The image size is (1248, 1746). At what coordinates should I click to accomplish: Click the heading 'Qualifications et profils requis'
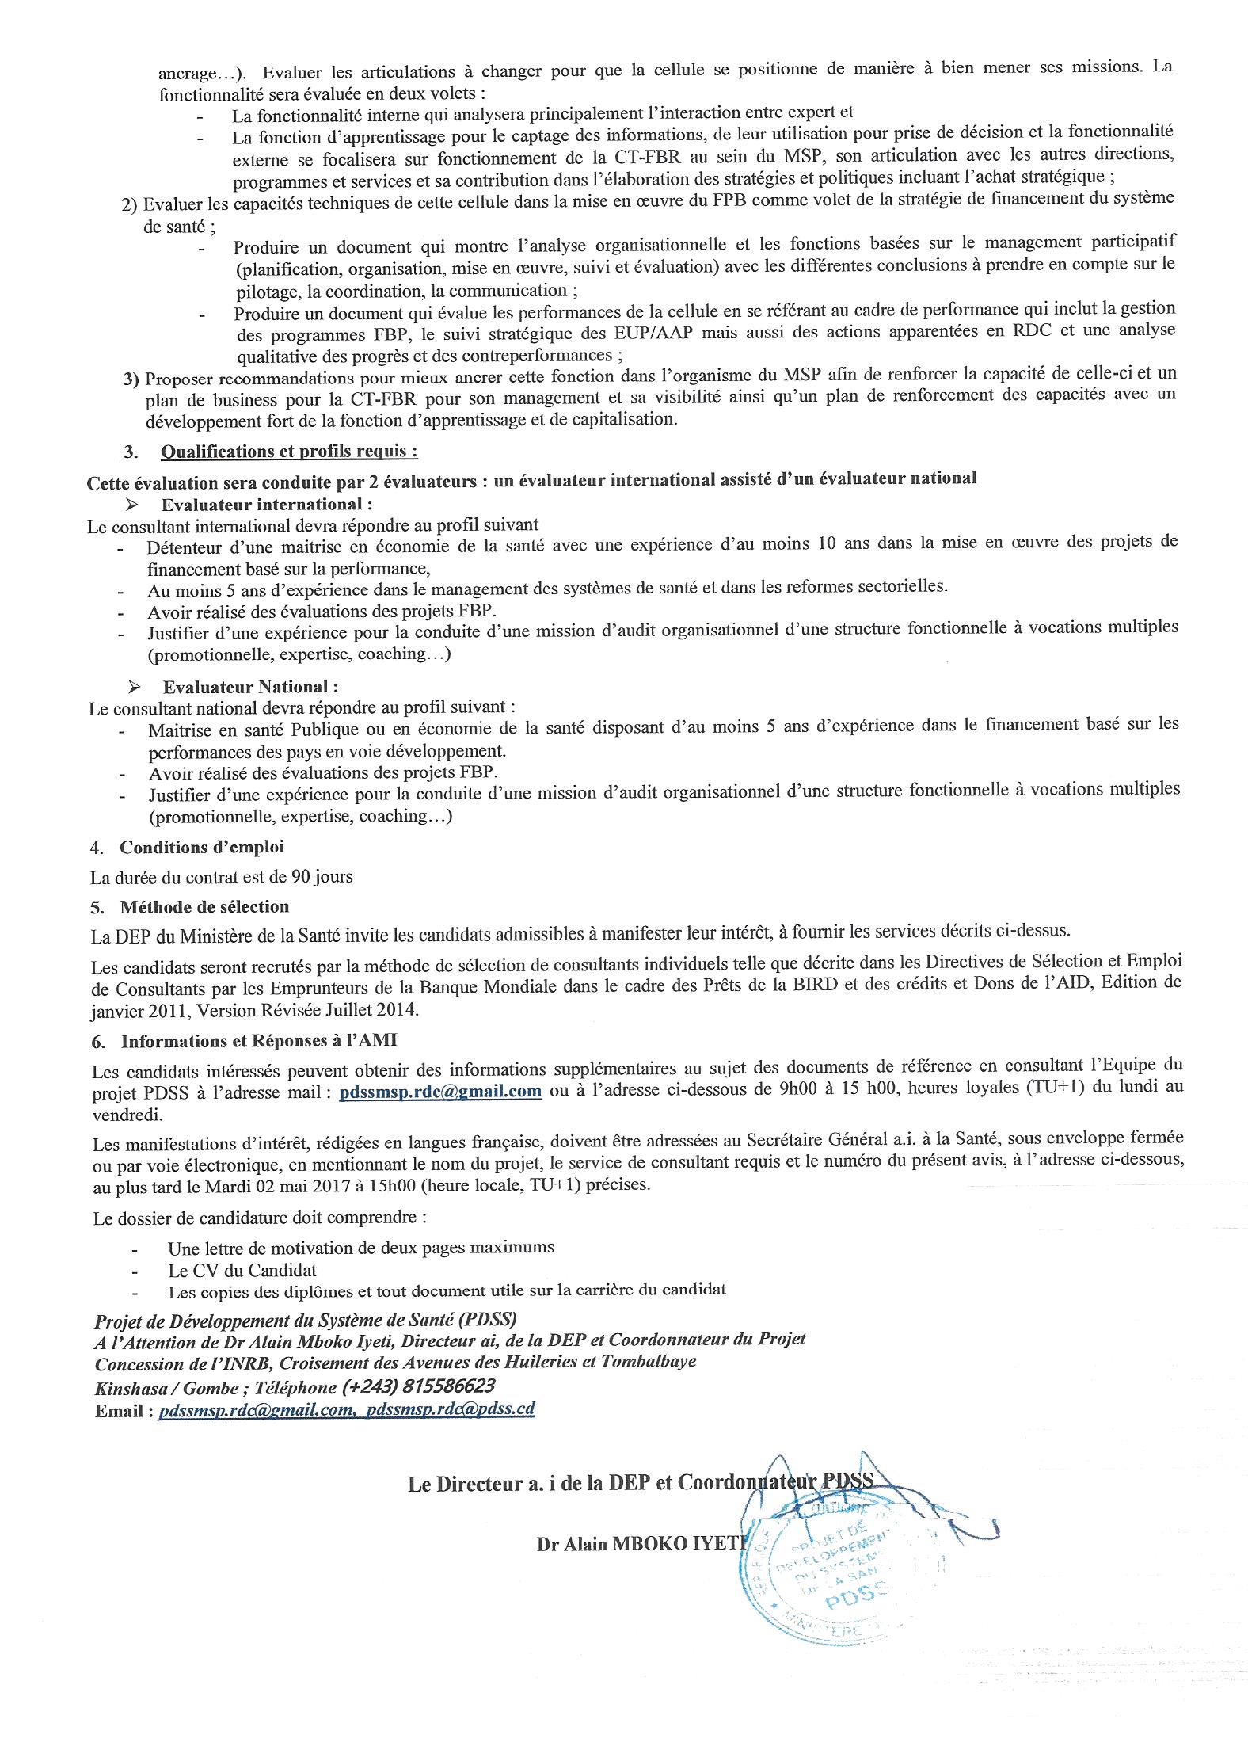click(289, 452)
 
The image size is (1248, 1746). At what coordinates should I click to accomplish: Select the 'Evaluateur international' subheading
click(268, 505)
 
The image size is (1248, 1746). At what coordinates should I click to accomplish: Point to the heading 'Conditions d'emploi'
click(201, 848)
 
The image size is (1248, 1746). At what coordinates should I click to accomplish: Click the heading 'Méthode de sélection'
click(204, 906)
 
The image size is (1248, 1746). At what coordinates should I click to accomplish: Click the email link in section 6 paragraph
click(440, 1092)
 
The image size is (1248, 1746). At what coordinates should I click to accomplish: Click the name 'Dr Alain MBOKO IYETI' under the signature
click(641, 1544)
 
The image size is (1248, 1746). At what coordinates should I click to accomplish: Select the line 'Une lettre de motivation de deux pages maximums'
click(360, 1247)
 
